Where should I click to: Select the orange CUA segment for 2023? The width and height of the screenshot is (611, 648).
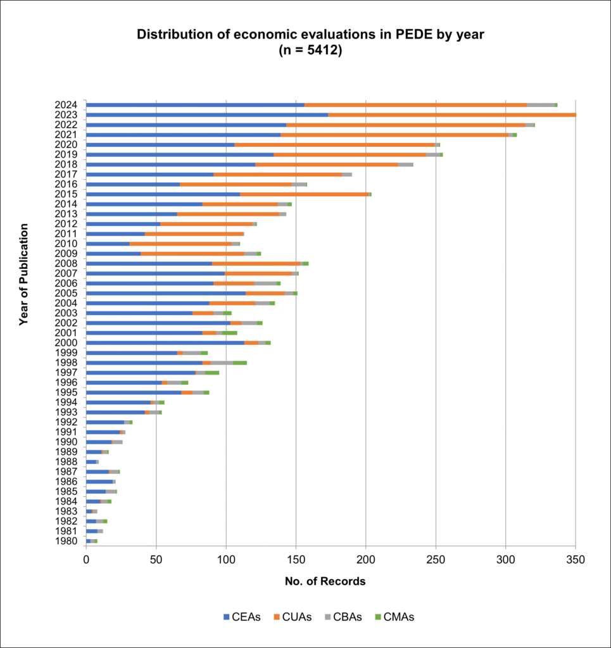(452, 115)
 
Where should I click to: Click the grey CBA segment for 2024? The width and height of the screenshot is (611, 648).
(540, 104)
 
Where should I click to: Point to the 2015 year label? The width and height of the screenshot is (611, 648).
(66, 194)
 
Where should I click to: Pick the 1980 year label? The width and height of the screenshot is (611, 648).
(66, 540)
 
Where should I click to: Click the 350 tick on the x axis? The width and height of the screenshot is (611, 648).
(576, 559)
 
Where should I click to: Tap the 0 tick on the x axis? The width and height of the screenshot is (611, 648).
(86, 559)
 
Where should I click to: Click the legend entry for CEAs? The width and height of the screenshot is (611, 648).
(242, 617)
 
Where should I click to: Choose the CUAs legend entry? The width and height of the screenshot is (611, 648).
(293, 617)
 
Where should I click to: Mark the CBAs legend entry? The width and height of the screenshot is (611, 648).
(344, 617)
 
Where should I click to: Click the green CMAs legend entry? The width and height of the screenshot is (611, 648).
(394, 617)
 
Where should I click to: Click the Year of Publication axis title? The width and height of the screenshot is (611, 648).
(24, 273)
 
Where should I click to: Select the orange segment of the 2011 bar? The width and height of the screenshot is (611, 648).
(194, 234)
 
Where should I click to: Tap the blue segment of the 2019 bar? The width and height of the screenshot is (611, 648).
(180, 154)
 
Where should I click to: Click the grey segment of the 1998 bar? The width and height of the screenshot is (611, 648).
(222, 362)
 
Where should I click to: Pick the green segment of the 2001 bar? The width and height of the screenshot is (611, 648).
(229, 332)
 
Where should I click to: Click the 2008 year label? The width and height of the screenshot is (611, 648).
(66, 263)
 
